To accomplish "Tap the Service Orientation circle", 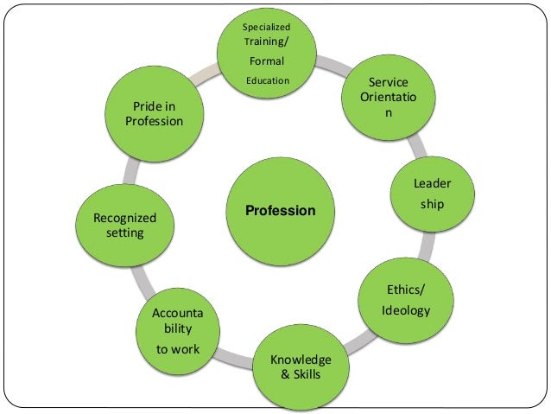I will click(389, 99).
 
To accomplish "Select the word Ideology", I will click(405, 310).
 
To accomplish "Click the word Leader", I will click(432, 183).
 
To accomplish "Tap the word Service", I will click(389, 82).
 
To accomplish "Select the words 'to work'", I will click(177, 349).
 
